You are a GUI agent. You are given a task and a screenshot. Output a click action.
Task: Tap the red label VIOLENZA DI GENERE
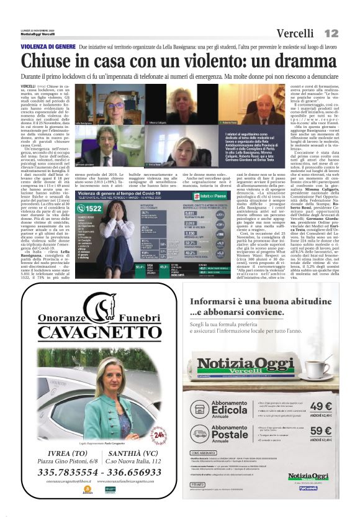click(48, 47)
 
